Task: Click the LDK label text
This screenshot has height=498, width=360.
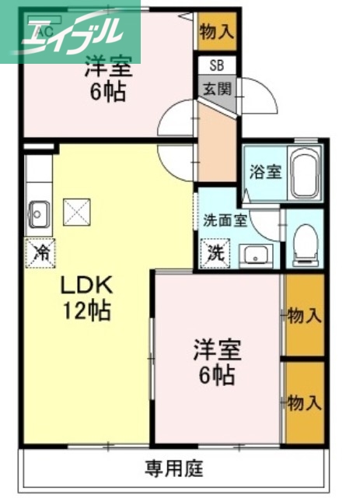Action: point(86,286)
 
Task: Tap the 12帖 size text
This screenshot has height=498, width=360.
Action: point(86,311)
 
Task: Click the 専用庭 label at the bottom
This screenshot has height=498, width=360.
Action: point(173,468)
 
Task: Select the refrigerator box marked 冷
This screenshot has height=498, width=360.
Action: point(40,251)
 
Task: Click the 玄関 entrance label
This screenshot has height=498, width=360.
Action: point(217,88)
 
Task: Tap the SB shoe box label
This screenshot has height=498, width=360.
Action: point(217,66)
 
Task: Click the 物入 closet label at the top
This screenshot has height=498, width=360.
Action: point(216,32)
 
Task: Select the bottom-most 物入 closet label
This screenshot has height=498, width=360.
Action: point(304,402)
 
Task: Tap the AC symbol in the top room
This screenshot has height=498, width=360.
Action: point(44,31)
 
